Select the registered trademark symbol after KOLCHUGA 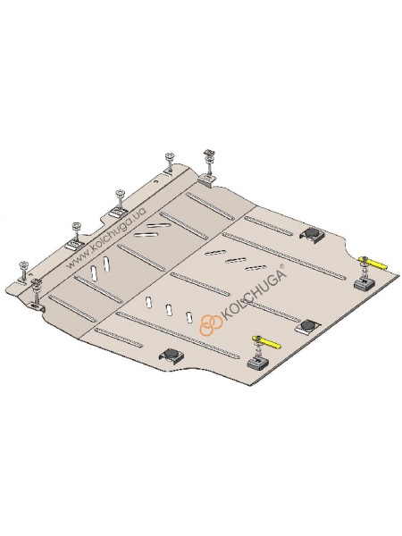(281, 265)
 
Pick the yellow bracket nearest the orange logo (266, 341)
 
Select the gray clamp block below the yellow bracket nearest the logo (258, 364)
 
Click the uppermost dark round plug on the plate (312, 233)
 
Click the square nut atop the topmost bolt (207, 152)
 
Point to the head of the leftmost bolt (23, 264)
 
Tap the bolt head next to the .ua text (120, 193)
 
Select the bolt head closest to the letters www (75, 225)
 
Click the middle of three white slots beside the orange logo (169, 309)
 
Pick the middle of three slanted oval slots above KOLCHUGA (235, 260)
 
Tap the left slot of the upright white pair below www (94, 273)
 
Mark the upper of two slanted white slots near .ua (157, 226)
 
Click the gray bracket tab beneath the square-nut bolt (207, 180)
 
